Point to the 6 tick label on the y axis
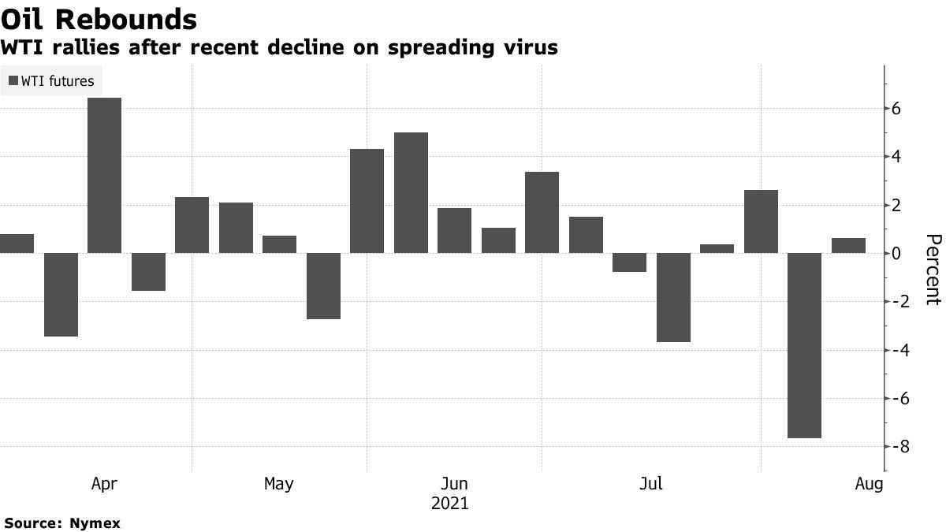pos(896,109)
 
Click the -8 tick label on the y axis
pos(894,447)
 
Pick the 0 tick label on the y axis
pos(896,254)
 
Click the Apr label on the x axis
pos(104,484)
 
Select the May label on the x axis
pos(278,484)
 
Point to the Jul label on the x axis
pos(650,484)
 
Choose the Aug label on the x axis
pos(870,484)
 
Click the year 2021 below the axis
pos(450,504)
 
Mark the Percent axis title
pos(933,269)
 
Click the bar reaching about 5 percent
pos(411,192)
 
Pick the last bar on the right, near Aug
pos(848,245)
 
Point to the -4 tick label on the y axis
pos(894,350)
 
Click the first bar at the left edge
pos(17,244)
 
